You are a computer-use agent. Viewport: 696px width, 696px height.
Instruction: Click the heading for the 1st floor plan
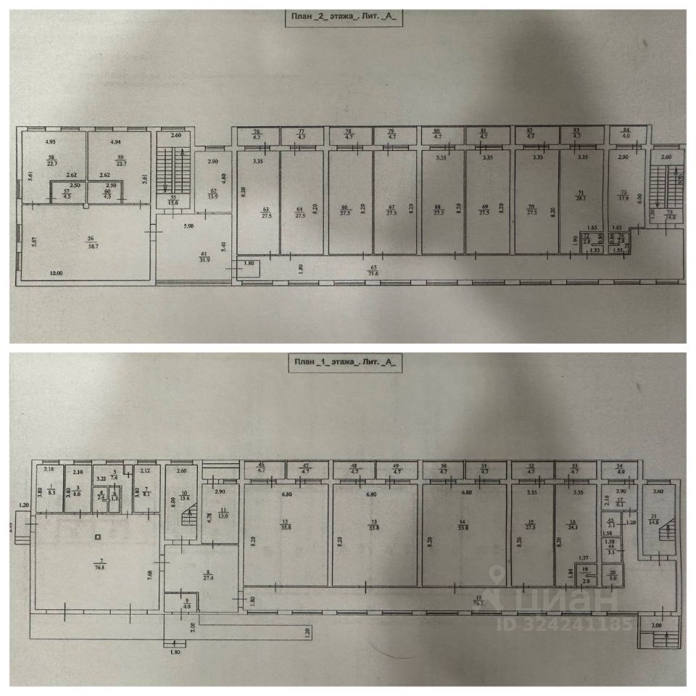click(x=345, y=361)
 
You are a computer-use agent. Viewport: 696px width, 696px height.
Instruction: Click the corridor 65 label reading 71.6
click(x=375, y=271)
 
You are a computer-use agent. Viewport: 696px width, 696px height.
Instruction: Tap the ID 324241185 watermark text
click(x=565, y=623)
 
